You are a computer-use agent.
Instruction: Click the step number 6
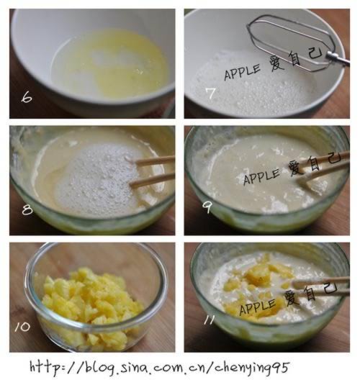pyautogui.click(x=27, y=98)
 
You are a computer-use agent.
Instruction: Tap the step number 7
pyautogui.click(x=210, y=94)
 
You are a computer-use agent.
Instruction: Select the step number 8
pyautogui.click(x=27, y=210)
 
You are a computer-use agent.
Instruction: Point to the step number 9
pyautogui.click(x=207, y=208)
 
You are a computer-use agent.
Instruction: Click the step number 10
pyautogui.click(x=22, y=327)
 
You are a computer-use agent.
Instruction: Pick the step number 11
pyautogui.click(x=209, y=320)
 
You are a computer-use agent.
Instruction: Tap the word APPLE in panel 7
pyautogui.click(x=242, y=72)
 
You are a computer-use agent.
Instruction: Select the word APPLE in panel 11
pyautogui.click(x=257, y=307)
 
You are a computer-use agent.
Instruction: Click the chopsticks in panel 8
pyautogui.click(x=152, y=172)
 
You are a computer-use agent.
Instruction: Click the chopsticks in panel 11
pyautogui.click(x=320, y=286)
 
